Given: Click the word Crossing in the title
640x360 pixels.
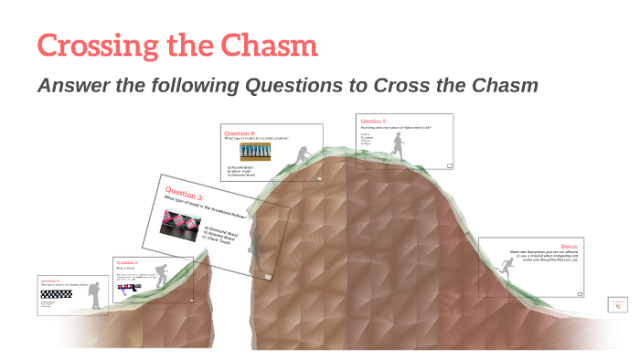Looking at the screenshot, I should [x=92, y=45].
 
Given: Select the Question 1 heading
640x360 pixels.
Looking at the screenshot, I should [x=50, y=281].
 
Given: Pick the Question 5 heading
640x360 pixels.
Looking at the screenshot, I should [x=373, y=121].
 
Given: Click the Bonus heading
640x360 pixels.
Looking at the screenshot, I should [x=570, y=245].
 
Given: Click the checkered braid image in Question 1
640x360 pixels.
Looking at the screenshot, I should [x=54, y=295].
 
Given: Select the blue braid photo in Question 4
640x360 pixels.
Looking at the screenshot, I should [x=255, y=151].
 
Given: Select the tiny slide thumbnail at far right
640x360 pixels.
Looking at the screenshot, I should [x=618, y=304].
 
